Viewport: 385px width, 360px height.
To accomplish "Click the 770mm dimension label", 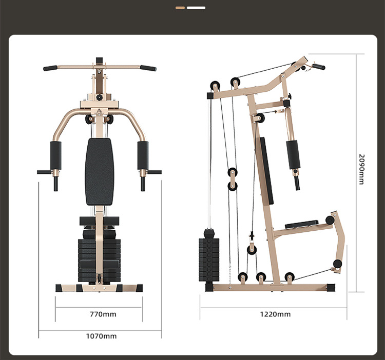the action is [x=103, y=314].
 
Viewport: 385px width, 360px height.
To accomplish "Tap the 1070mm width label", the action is [x=101, y=336].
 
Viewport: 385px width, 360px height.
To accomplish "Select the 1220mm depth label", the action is [x=275, y=314].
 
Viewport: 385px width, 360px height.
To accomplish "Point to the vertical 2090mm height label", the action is [x=362, y=169].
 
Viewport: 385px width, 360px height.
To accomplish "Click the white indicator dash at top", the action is [x=196, y=8].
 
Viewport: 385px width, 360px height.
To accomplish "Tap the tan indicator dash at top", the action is [x=180, y=8].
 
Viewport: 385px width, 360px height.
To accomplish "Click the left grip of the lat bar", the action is [x=50, y=68].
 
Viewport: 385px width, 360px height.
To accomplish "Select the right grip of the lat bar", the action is [x=148, y=68].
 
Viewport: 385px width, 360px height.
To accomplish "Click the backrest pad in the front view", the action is [x=100, y=172].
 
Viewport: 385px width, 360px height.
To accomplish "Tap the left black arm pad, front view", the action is [x=56, y=156].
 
